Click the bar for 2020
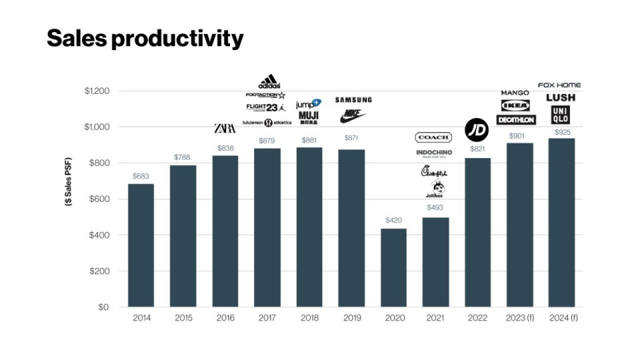click(x=393, y=267)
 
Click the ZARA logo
click(x=225, y=128)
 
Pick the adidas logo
click(x=269, y=82)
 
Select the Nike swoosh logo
click(x=353, y=116)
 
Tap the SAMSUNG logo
click(x=353, y=100)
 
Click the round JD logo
click(x=477, y=129)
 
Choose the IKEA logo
click(x=515, y=106)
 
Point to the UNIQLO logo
click(x=561, y=115)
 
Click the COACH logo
click(x=433, y=137)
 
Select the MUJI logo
click(x=308, y=116)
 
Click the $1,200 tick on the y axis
click(x=97, y=91)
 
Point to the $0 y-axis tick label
click(x=103, y=307)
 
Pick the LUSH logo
click(x=560, y=97)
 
